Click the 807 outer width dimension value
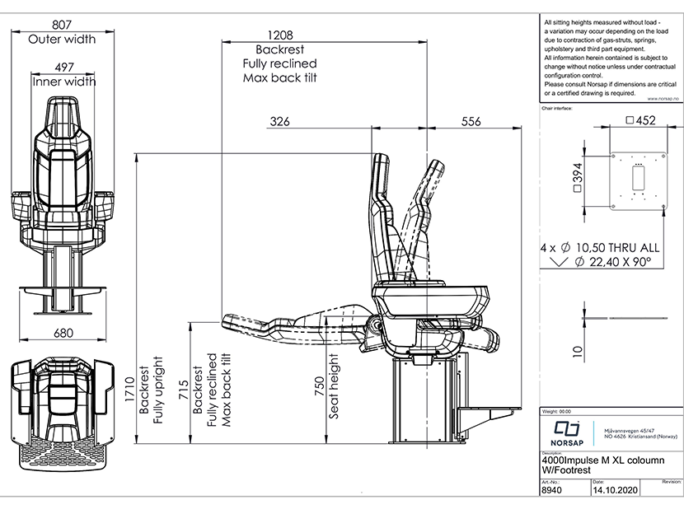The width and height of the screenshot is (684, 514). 62,25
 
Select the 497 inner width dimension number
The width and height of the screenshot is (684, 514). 63,68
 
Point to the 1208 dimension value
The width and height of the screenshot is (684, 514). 280,35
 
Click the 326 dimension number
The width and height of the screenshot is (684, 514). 280,122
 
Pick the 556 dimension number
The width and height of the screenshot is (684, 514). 470,122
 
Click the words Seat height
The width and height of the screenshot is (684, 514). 335,386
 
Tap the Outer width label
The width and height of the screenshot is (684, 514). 62,39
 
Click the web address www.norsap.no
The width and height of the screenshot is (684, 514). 660,97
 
